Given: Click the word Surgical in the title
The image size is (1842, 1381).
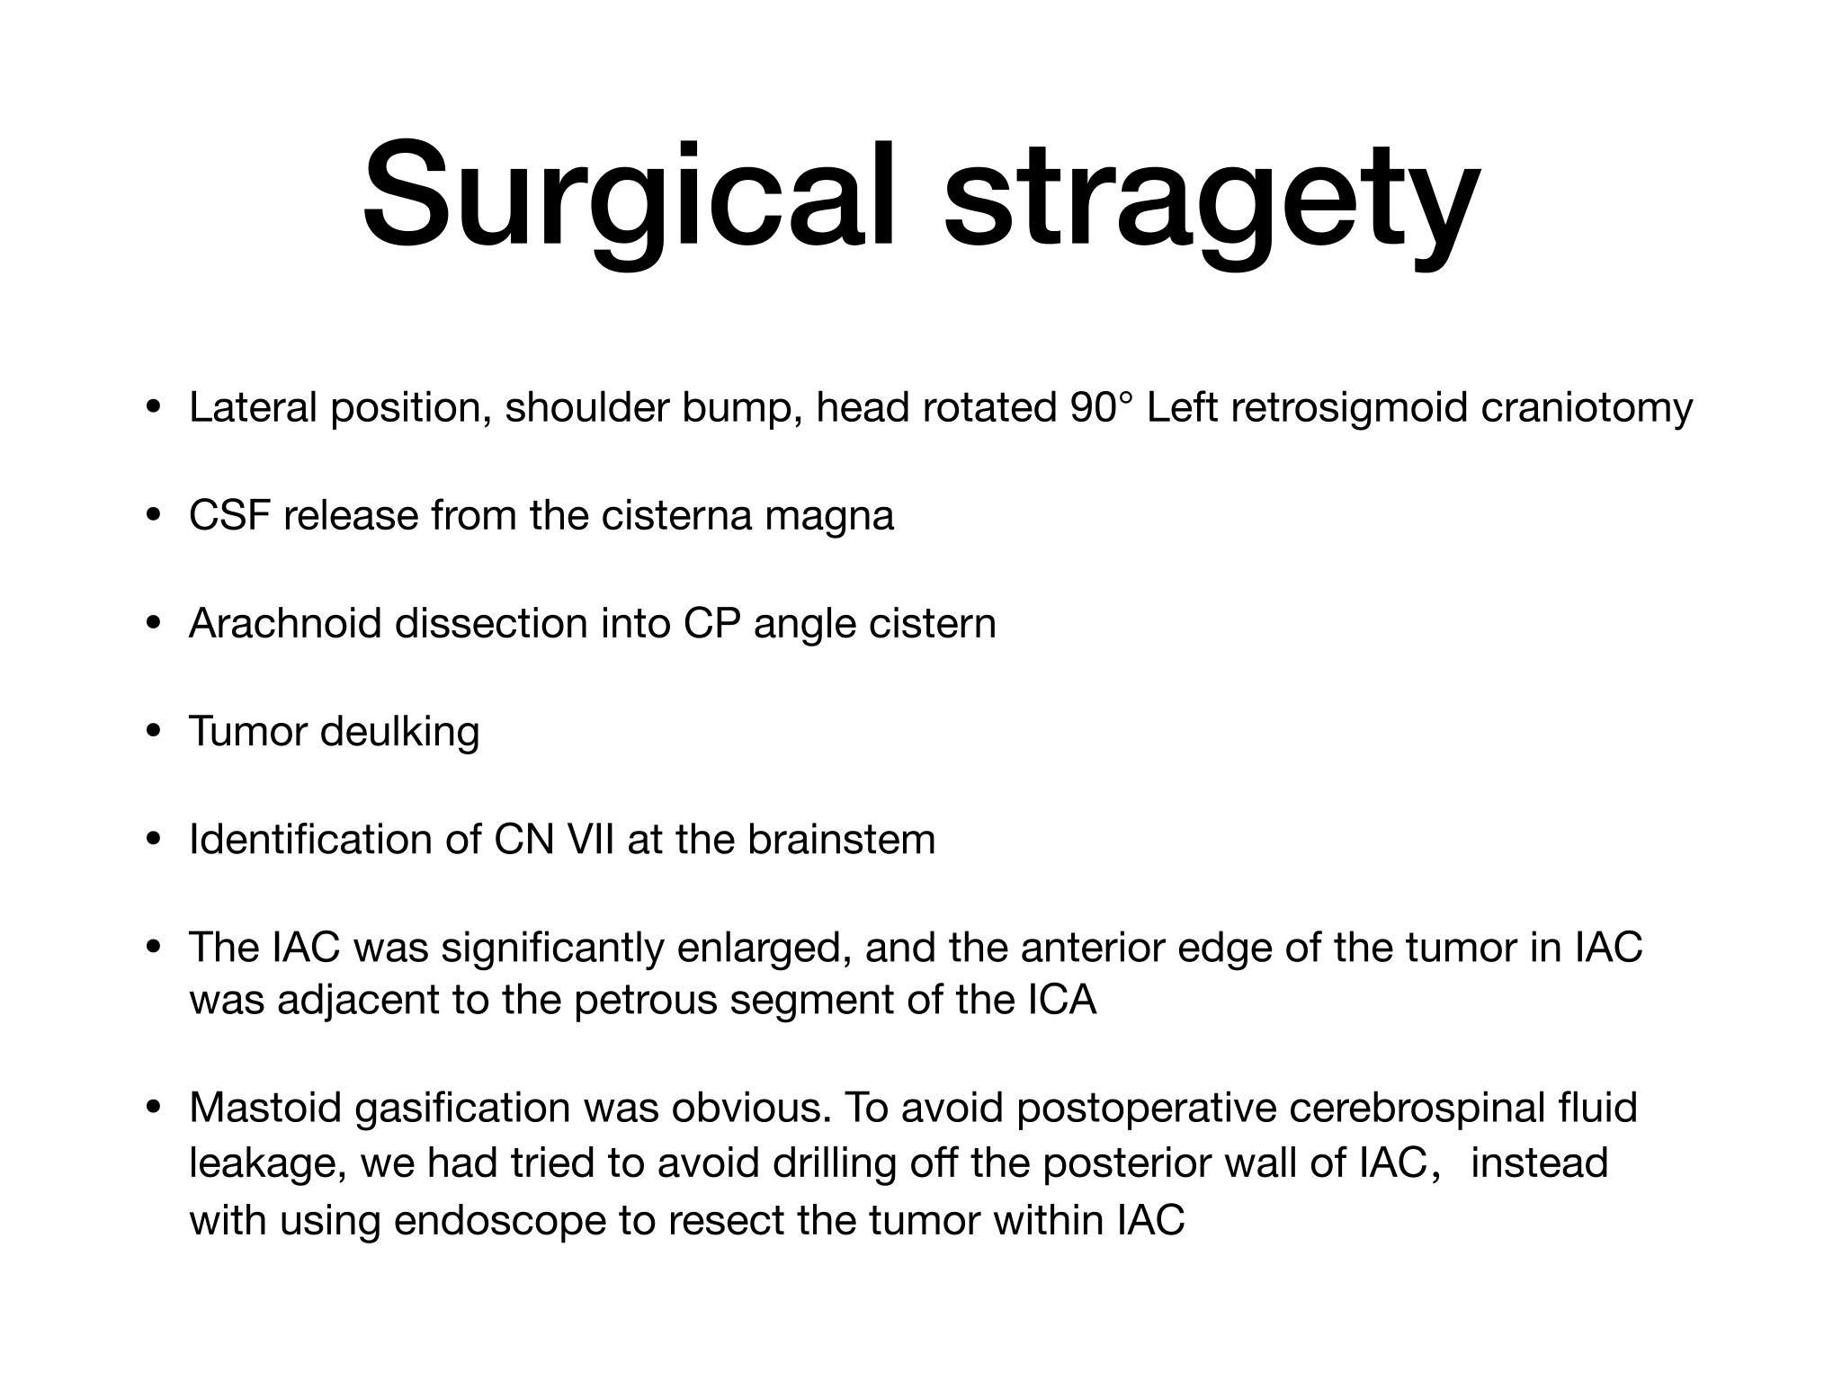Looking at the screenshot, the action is (629, 197).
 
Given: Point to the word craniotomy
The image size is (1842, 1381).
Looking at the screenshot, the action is (1587, 409).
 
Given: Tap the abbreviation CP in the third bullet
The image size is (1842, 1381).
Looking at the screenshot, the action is (712, 623).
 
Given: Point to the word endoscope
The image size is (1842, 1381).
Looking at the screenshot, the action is (500, 1222).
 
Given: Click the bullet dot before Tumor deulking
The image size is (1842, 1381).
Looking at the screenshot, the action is (154, 732).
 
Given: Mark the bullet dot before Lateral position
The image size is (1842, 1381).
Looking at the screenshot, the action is (154, 408).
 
